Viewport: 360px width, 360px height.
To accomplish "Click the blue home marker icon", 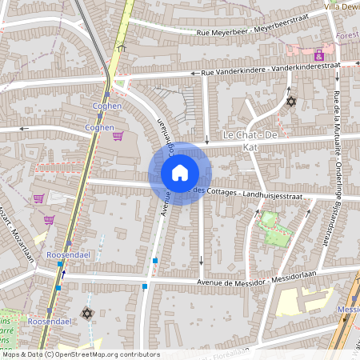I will click(180, 173).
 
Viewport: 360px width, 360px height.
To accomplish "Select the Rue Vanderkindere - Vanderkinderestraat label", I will click(270, 70).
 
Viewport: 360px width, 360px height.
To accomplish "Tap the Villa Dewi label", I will click(342, 6).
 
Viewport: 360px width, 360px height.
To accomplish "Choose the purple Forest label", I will click(347, 35).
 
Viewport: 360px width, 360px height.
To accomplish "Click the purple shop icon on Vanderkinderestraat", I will click(319, 55).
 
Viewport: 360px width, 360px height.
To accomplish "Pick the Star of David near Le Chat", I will click(290, 102).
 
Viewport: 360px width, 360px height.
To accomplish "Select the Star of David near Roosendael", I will click(86, 313).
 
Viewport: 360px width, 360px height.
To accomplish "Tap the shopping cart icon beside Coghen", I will click(118, 136).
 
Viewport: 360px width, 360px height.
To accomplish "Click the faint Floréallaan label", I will click(232, 358).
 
